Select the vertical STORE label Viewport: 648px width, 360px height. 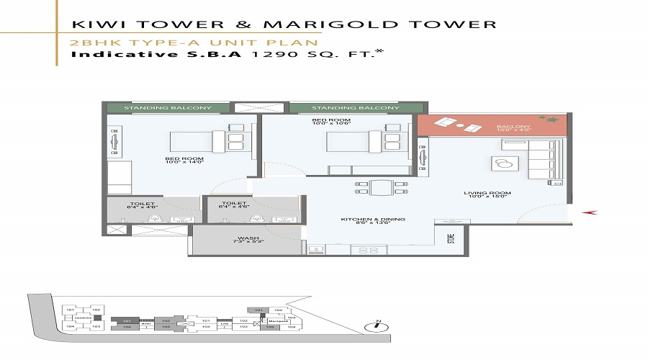click(x=451, y=237)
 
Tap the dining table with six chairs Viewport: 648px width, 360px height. click(x=381, y=189)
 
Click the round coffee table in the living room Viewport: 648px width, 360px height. click(x=498, y=163)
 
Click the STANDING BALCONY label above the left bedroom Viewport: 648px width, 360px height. click(x=168, y=108)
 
